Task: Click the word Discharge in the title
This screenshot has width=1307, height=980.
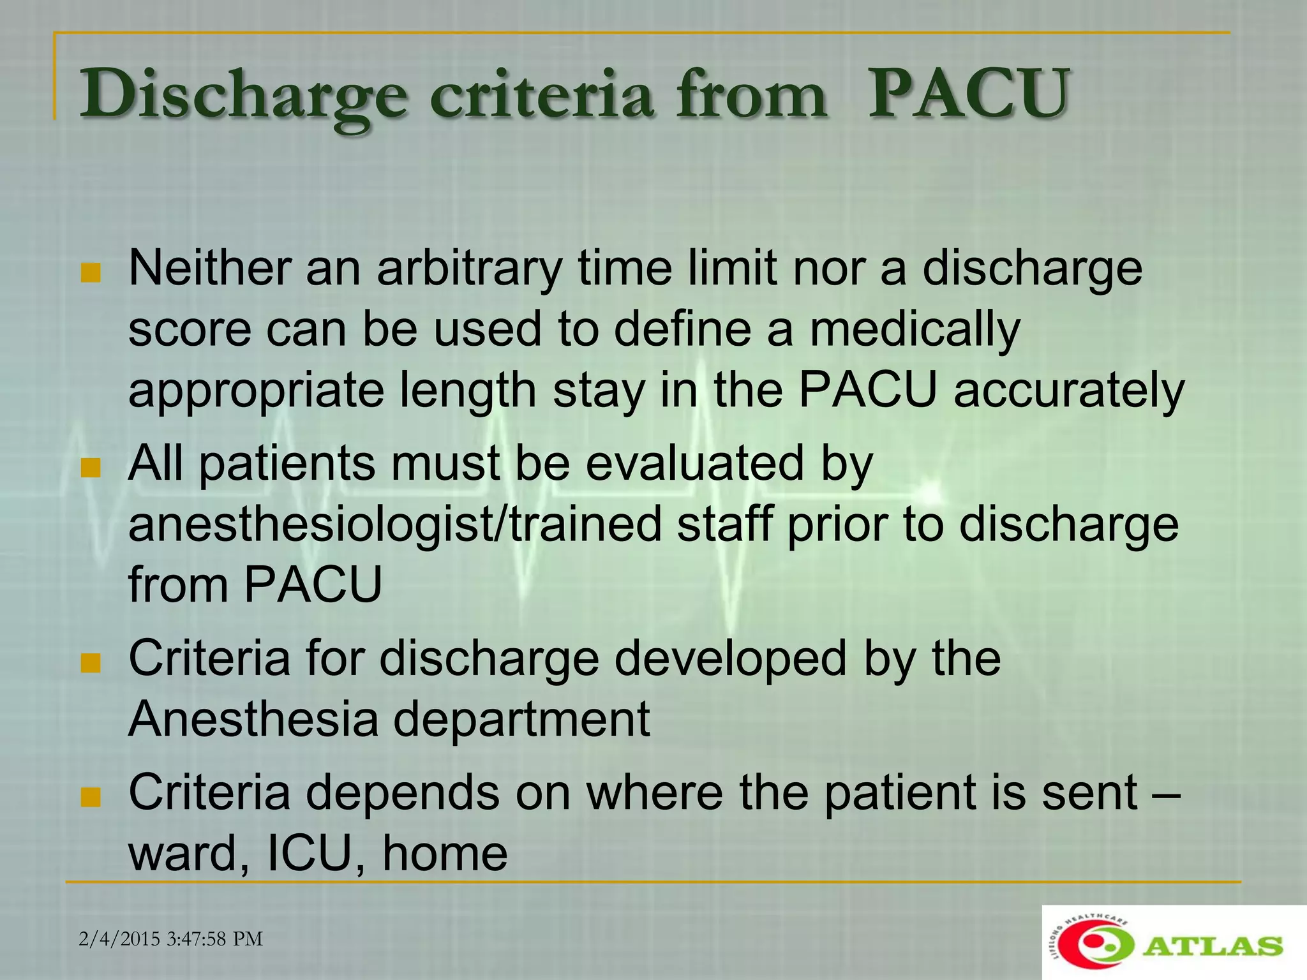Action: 243,96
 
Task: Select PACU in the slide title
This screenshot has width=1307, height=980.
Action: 967,96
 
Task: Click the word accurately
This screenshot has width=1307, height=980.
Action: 1069,390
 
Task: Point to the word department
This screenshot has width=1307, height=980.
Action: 521,720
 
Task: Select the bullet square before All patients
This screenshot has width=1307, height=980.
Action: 91,468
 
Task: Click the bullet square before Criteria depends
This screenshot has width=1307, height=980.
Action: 91,797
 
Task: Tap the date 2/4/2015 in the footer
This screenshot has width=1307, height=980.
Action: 119,939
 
